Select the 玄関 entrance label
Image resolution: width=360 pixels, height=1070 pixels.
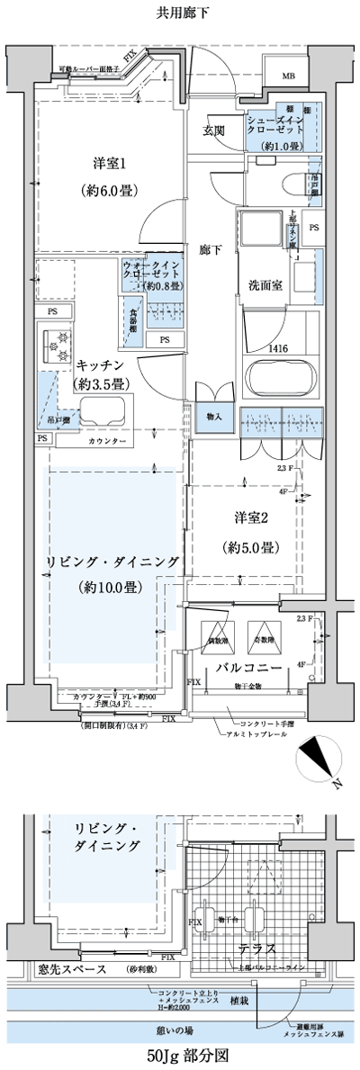tap(213, 131)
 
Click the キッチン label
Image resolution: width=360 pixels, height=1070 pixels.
tap(100, 366)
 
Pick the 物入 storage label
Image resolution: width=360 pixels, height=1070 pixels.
tap(214, 418)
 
